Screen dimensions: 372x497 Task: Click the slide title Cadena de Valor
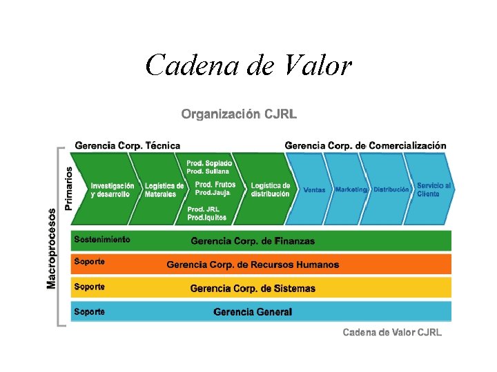[248, 66]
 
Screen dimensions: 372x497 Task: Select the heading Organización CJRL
[239, 114]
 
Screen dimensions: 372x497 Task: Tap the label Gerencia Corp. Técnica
[127, 145]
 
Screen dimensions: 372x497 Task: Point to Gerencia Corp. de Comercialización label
[365, 145]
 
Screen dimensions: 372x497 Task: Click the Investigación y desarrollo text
[113, 190]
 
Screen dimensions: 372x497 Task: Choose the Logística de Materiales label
[164, 190]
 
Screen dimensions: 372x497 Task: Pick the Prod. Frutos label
[215, 185]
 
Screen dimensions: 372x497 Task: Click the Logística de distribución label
[270, 190]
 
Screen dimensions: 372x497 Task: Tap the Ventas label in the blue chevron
[314, 190]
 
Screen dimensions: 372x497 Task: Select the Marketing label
[351, 189]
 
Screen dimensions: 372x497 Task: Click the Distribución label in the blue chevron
[391, 189]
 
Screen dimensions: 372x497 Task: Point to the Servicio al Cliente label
[433, 189]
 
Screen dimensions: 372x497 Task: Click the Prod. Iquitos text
[207, 218]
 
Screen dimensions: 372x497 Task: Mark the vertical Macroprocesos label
[51, 248]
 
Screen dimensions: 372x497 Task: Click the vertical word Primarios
[69, 187]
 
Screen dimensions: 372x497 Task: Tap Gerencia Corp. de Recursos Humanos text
[253, 265]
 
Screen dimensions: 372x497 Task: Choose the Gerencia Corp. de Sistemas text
[253, 289]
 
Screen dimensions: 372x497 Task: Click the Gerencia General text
[253, 312]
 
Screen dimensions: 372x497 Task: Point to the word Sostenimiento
[102, 240]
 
